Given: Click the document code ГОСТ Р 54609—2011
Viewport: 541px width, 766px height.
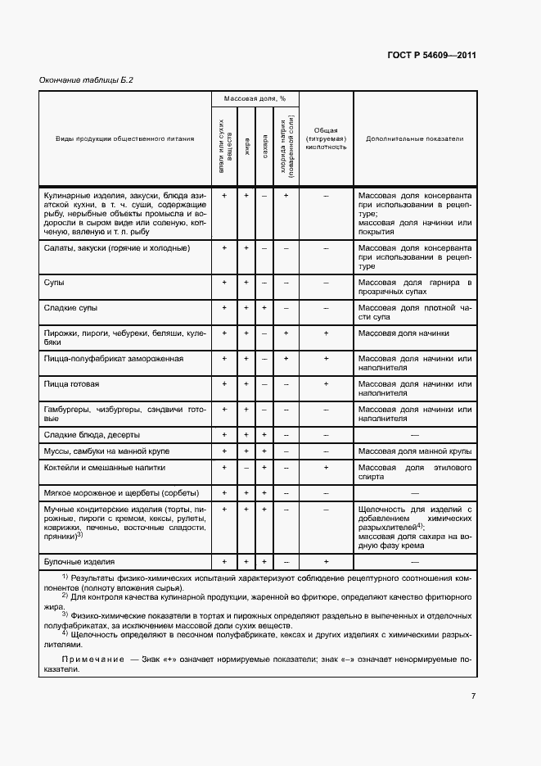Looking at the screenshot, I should coord(431,56).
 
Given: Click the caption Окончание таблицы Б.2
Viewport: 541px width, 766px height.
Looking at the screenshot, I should coord(86,79).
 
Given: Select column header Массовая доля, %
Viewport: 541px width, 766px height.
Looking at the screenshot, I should coord(255,98).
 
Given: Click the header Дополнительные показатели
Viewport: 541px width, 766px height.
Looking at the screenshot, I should coord(414,138).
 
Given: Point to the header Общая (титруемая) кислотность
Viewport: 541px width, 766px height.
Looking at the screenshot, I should coord(326,138).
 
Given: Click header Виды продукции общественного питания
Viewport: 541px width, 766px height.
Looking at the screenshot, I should coord(125,138).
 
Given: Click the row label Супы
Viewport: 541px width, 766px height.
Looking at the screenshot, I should coord(54,283).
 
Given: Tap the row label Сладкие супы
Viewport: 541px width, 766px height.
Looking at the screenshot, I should coord(70,307).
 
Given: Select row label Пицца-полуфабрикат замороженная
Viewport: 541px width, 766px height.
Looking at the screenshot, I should coord(113,358).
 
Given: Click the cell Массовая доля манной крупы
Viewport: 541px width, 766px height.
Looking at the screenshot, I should coord(414,451).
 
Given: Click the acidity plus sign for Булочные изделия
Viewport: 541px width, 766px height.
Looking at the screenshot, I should coord(326,561).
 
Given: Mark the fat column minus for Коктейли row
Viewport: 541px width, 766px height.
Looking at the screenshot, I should coord(246,467).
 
